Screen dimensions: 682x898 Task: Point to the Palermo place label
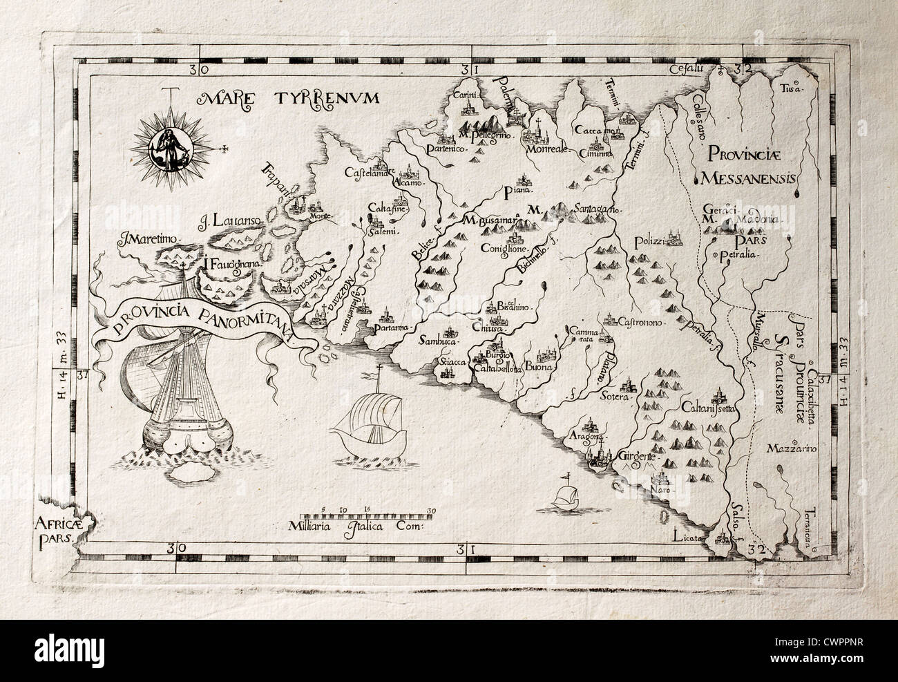coord(510,96)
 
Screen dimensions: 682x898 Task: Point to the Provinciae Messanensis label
coord(749,166)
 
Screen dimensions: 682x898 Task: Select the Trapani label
coord(275,182)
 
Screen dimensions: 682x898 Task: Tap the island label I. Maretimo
coord(149,240)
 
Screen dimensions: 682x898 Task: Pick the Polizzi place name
coord(648,241)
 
